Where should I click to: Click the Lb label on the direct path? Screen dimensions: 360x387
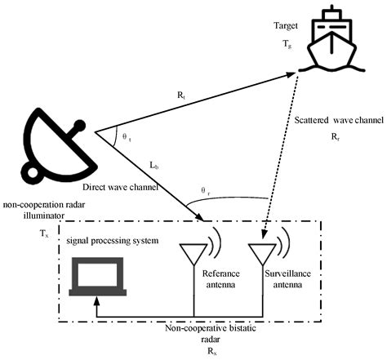tap(155, 166)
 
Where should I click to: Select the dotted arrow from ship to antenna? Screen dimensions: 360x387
tap(282, 155)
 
